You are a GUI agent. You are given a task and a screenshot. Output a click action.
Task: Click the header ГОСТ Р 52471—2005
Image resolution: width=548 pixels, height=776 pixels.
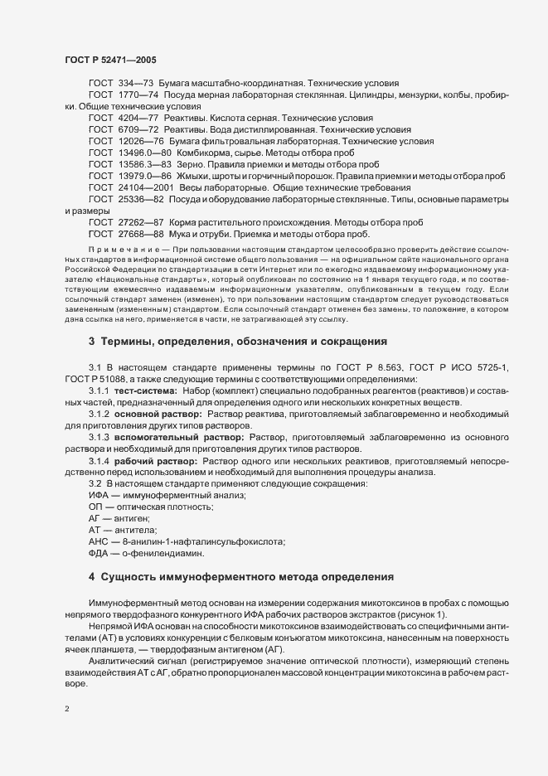pos(109,59)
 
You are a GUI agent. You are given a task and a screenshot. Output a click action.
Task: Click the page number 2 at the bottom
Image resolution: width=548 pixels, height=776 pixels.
pos(67,710)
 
